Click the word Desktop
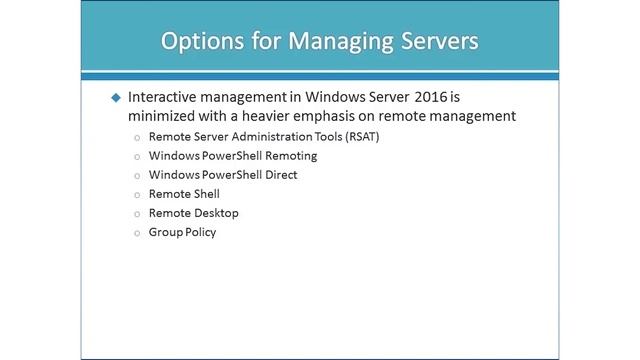217,213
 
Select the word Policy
200,232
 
